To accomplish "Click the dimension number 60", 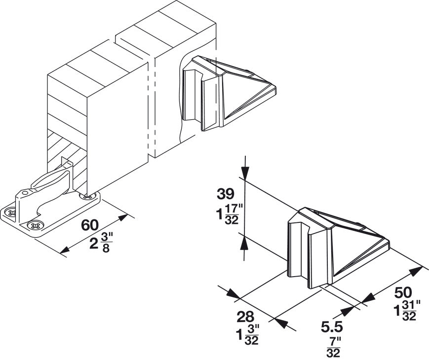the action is point(89,225).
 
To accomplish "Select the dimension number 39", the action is point(224,193).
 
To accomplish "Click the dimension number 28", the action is point(246,316).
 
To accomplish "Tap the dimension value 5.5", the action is point(331,326).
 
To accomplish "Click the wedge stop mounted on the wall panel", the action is point(227,94).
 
